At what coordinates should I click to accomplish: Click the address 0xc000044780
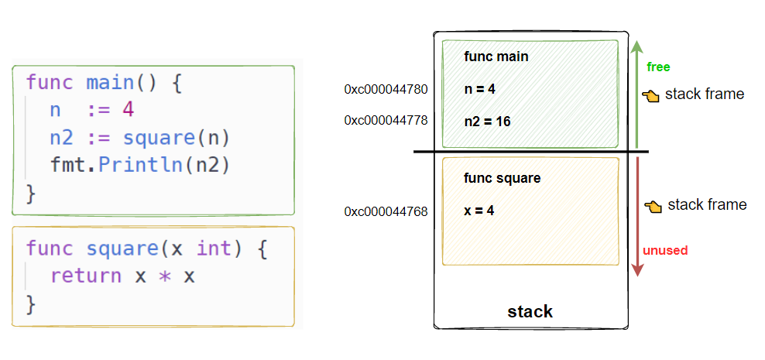[386, 89]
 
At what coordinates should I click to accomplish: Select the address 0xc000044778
[386, 121]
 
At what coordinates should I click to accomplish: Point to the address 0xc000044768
[386, 211]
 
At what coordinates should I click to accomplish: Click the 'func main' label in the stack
[496, 57]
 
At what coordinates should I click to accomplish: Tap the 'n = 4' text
[479, 89]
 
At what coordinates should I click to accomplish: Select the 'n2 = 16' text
[487, 122]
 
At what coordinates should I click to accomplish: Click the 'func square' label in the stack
[502, 178]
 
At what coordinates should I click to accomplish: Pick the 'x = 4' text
[479, 210]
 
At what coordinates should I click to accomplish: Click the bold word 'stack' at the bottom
[530, 312]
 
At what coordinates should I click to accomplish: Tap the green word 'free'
[658, 67]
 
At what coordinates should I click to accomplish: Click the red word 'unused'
[665, 250]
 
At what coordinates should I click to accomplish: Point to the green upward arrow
[636, 93]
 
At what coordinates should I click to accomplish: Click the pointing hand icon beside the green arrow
[650, 95]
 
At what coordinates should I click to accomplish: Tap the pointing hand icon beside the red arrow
[653, 206]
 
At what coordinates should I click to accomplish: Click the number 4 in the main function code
[128, 110]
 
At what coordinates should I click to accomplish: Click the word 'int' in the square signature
[214, 249]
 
